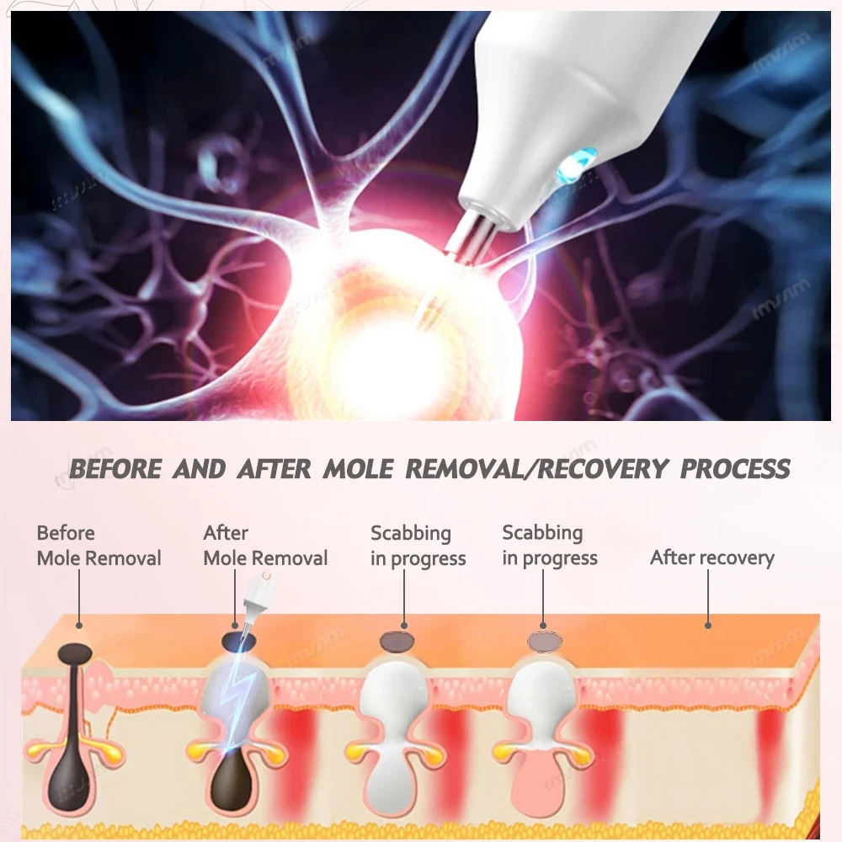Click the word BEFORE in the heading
[x=115, y=469]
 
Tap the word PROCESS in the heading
[x=735, y=469]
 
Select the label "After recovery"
[x=712, y=557]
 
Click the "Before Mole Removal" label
[x=99, y=546]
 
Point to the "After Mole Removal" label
[x=265, y=546]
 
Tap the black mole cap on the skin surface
[x=75, y=653]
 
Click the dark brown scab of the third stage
[x=397, y=641]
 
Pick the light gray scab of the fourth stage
[x=545, y=641]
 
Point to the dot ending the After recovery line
[x=708, y=626]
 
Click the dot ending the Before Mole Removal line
[x=79, y=626]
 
